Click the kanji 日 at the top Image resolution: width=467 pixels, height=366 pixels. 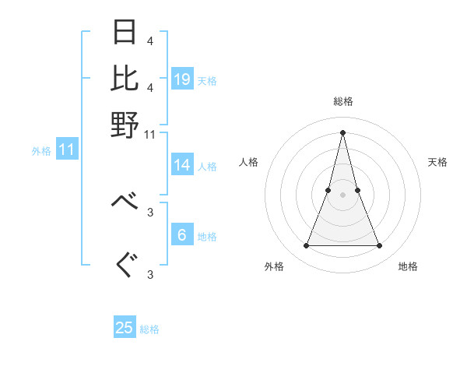click(125, 33)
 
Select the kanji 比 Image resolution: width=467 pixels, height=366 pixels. click(125, 78)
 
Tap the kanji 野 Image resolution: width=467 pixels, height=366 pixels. click(125, 124)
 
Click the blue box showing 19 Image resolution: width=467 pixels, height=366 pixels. click(182, 79)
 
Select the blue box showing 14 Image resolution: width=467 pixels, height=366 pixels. click(182, 165)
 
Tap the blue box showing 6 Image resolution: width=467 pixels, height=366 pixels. click(182, 235)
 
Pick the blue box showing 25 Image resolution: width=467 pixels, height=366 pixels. click(125, 328)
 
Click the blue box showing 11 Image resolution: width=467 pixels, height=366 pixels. click(66, 150)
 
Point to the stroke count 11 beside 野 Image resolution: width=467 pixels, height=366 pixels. click(150, 134)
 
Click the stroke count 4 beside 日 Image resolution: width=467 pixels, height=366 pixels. click(150, 40)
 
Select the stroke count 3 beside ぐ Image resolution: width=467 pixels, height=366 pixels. click(150, 274)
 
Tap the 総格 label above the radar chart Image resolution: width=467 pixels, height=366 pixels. click(342, 101)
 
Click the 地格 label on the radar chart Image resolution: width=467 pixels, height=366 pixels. click(408, 266)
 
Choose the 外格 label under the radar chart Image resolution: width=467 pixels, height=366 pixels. click(274, 266)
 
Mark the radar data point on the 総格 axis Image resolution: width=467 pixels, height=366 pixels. click(342, 132)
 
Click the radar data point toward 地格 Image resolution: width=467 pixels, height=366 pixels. click(380, 246)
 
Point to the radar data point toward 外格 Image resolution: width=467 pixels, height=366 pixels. click(306, 246)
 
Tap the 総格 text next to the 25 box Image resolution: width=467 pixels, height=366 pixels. click(150, 329)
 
